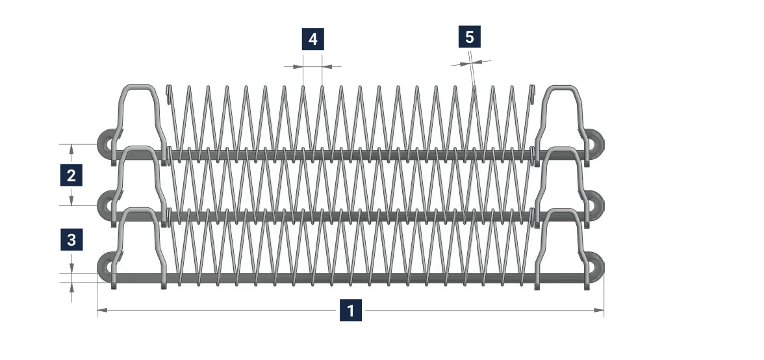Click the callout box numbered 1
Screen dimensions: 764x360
351,311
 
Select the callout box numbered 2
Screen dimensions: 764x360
71,175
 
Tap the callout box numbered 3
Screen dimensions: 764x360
71,240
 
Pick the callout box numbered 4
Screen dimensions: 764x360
313,39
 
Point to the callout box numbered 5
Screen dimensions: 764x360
469,37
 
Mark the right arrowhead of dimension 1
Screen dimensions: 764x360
598,310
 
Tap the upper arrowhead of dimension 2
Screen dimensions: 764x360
71,149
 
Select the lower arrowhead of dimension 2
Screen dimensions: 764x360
71,200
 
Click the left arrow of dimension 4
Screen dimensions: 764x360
294,66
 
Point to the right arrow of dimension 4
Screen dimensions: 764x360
331,66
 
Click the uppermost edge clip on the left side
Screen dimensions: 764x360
139,86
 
